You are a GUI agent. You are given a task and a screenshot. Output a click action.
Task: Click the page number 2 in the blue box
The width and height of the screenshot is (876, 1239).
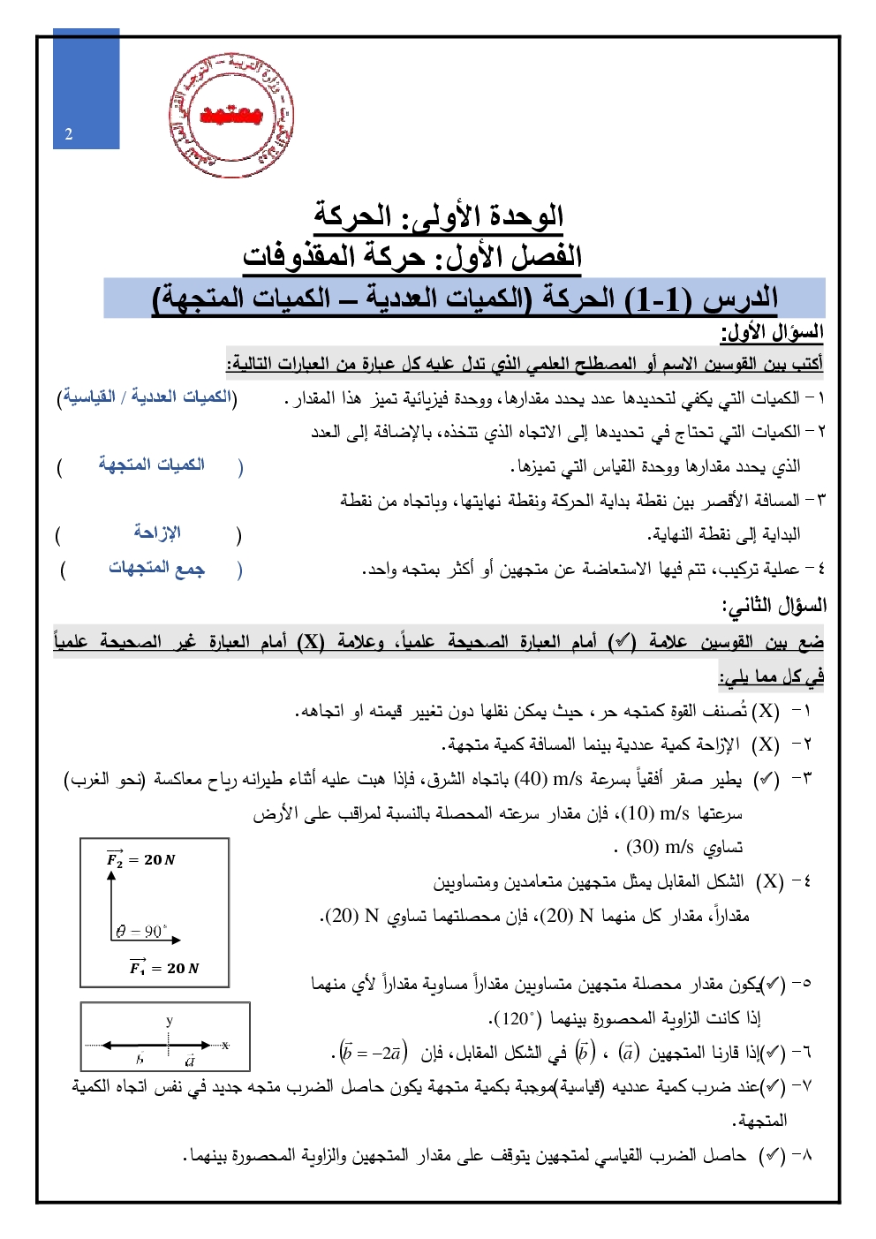(x=69, y=134)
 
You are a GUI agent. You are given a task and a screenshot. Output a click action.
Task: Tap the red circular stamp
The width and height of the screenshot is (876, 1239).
(x=231, y=115)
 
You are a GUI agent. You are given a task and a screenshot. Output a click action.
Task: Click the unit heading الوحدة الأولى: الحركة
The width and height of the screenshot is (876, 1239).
(x=439, y=215)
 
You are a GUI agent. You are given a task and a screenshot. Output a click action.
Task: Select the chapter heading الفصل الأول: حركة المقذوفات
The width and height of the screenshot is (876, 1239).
(x=412, y=256)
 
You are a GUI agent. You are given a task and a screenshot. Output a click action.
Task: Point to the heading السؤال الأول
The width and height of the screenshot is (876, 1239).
(x=773, y=332)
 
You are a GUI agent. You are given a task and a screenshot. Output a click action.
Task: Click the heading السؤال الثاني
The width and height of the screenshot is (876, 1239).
(x=774, y=605)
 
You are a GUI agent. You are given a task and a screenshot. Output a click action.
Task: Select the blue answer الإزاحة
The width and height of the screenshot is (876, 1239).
(x=157, y=532)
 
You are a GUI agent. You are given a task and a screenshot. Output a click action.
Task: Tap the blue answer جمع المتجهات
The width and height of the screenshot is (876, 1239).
(x=156, y=567)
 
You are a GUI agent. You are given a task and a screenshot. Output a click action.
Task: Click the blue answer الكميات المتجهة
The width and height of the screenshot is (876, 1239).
(x=151, y=464)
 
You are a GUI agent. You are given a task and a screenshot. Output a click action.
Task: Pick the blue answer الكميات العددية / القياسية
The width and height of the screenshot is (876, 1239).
(x=147, y=397)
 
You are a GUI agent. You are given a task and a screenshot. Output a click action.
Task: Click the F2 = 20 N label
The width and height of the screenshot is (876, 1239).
(x=141, y=859)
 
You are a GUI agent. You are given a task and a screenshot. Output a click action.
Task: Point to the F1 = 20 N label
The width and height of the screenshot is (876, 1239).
(x=164, y=968)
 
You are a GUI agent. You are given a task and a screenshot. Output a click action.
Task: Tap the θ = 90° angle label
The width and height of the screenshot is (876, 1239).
(x=141, y=931)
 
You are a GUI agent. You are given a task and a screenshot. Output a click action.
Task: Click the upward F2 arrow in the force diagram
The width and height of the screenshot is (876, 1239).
(x=112, y=901)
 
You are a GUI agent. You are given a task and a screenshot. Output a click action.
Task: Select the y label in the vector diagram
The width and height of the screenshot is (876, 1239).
(x=170, y=1021)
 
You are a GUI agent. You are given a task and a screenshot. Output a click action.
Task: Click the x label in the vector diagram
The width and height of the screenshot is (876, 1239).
(x=226, y=1045)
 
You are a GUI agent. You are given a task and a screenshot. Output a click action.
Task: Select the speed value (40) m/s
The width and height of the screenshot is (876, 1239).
(x=548, y=779)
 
